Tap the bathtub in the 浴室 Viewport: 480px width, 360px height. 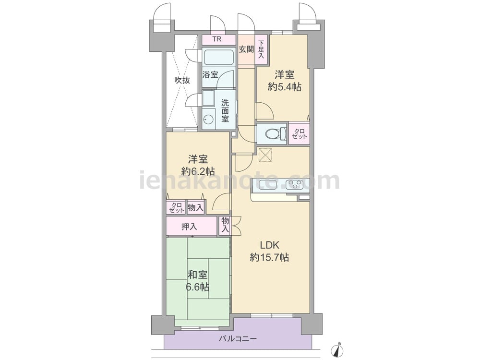click(218, 57)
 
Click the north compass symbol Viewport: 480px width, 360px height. click(337, 349)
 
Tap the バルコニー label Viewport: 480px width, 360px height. click(238, 339)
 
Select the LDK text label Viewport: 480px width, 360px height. click(269, 245)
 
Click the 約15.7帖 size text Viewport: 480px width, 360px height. click(269, 257)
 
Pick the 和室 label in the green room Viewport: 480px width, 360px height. click(197, 275)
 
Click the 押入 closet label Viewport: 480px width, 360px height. click(189, 227)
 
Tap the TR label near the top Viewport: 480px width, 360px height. click(217, 39)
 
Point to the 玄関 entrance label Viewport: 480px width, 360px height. click(246, 49)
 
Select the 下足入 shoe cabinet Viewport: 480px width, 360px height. click(261, 49)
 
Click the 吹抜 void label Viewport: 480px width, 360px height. click(182, 80)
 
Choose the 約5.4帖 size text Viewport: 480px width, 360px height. click(285, 87)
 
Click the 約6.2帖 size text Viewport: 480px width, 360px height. click(198, 171)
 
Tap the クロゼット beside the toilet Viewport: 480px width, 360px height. click(299, 134)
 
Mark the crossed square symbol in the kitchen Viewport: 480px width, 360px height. click(265, 155)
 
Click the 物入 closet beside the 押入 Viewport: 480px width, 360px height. click(225, 225)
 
